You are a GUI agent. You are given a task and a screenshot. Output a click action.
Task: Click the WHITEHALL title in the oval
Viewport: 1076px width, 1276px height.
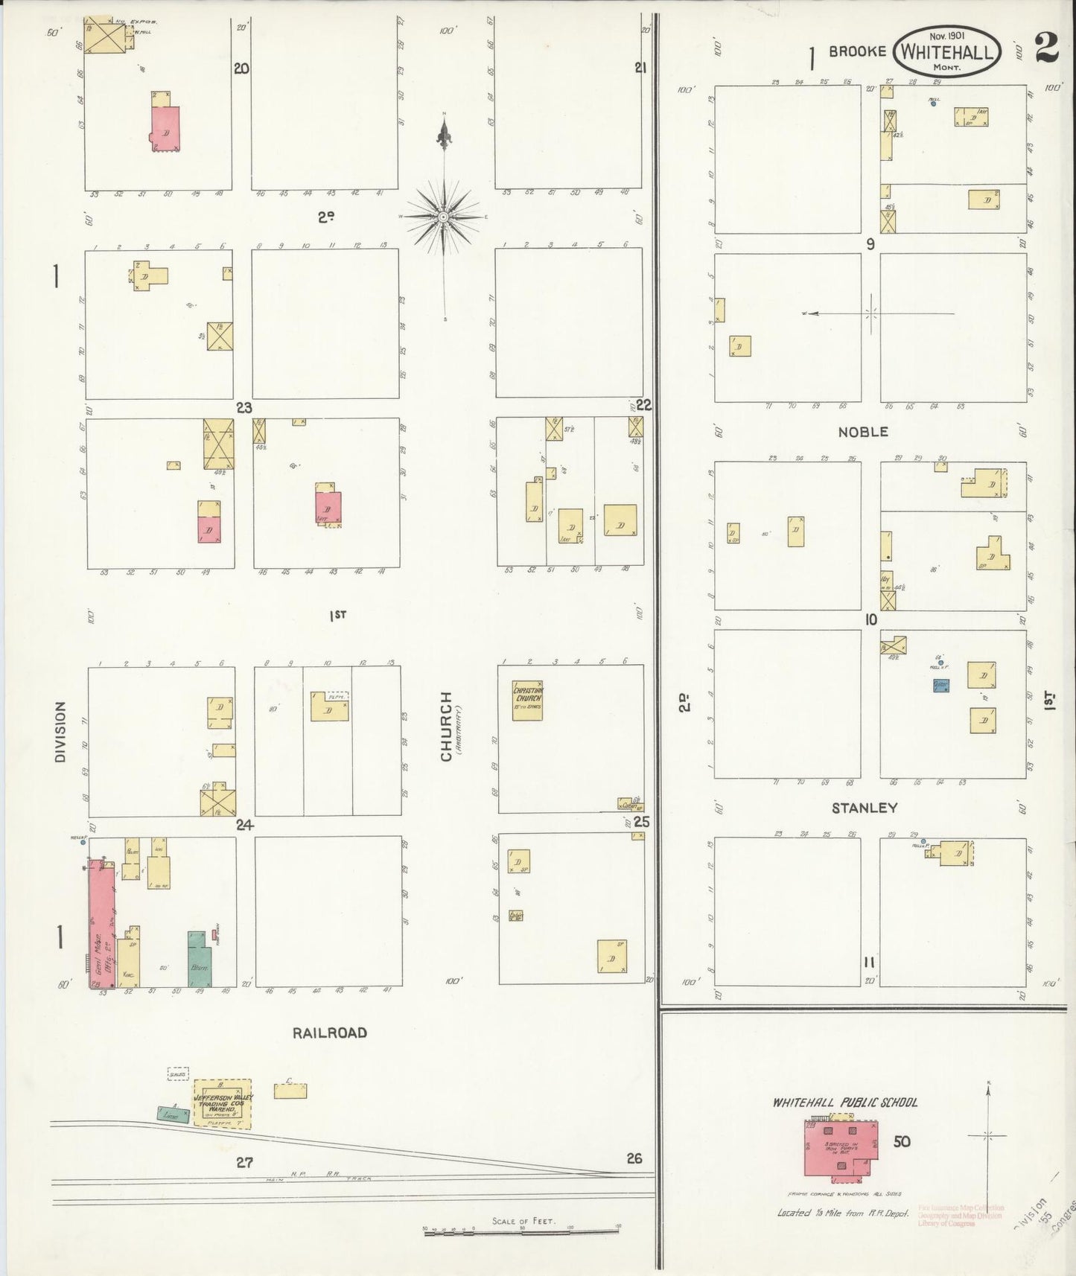tap(946, 52)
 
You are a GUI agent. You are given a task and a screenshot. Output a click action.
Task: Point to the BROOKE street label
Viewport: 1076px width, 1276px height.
tap(857, 51)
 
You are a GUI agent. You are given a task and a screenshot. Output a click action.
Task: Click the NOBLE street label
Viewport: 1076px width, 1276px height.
tap(863, 432)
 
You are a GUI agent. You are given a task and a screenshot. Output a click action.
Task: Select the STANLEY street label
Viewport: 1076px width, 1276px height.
tap(864, 808)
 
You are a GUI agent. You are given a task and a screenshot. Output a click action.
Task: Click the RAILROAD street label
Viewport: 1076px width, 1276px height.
tap(329, 1033)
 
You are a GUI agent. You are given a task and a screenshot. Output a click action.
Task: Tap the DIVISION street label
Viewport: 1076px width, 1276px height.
tap(60, 732)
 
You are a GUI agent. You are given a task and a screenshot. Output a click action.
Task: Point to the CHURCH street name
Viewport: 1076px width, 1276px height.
tap(446, 727)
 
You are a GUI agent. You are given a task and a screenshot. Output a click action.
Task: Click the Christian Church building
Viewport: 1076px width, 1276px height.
tap(527, 701)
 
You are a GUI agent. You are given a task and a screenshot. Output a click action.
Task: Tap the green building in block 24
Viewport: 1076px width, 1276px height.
tap(199, 959)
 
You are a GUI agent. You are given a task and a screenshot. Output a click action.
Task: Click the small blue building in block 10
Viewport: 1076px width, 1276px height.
tap(941, 685)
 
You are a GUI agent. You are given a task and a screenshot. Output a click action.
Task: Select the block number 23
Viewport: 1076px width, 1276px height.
tap(244, 408)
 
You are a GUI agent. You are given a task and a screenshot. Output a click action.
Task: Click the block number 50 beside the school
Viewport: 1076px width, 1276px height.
tap(902, 1141)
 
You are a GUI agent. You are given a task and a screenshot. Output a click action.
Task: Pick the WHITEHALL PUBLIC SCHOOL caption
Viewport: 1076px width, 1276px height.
tap(844, 1103)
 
